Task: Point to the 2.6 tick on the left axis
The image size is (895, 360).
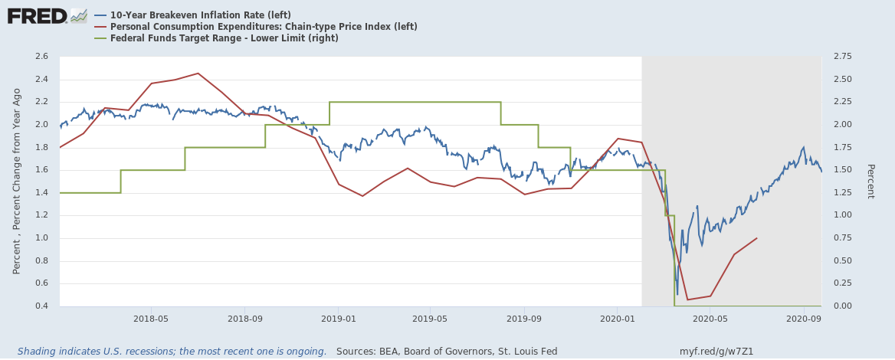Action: point(41,57)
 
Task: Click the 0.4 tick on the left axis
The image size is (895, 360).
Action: point(41,306)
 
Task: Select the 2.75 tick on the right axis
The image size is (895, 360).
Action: point(842,57)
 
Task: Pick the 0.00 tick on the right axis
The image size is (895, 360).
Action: point(842,306)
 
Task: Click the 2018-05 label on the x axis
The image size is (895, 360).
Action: point(151,318)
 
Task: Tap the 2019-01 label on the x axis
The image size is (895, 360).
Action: point(338,318)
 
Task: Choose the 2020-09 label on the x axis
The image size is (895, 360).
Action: point(804,318)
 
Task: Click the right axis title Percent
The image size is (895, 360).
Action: point(870,182)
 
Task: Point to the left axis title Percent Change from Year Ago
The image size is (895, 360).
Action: point(17,182)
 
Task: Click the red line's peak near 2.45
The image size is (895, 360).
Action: point(198,74)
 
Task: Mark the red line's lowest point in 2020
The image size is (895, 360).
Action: point(687,299)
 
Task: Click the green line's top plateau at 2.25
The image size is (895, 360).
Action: point(414,102)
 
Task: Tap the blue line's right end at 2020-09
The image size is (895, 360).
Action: point(821,172)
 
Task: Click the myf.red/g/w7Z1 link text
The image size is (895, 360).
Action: point(716,352)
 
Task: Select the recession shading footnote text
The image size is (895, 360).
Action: point(172,352)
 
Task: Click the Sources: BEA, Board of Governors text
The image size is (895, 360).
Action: point(447,352)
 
